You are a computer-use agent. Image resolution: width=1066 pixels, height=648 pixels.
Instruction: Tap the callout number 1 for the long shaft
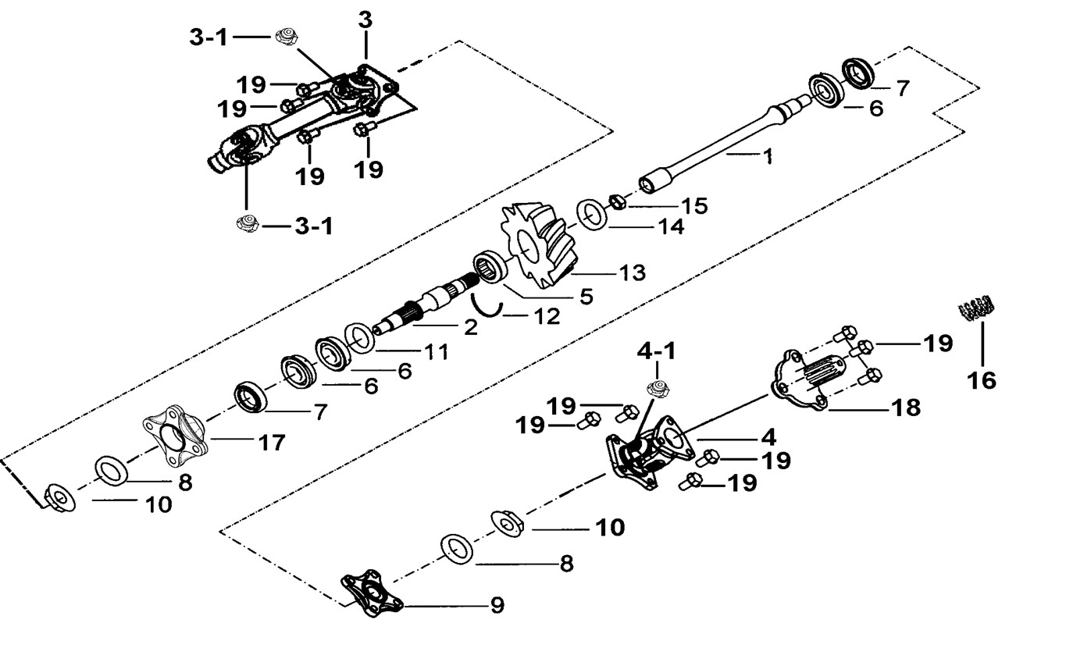tap(768, 157)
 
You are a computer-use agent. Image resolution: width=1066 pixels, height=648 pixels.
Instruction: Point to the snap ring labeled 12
tap(486, 304)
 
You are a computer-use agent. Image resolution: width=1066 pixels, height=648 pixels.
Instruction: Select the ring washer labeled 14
tap(594, 215)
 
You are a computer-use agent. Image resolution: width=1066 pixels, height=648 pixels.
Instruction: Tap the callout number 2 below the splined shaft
tap(469, 327)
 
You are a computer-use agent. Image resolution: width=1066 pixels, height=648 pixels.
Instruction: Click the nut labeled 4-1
tap(655, 388)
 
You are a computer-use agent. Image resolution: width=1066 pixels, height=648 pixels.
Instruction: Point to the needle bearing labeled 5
tap(491, 269)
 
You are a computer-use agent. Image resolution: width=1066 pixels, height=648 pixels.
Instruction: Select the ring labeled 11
tap(358, 337)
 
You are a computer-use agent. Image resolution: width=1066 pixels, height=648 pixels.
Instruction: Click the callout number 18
tap(907, 408)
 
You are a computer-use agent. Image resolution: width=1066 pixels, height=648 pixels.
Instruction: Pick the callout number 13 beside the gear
tap(633, 272)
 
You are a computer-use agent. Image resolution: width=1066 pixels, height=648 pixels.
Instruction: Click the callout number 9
tap(497, 605)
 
